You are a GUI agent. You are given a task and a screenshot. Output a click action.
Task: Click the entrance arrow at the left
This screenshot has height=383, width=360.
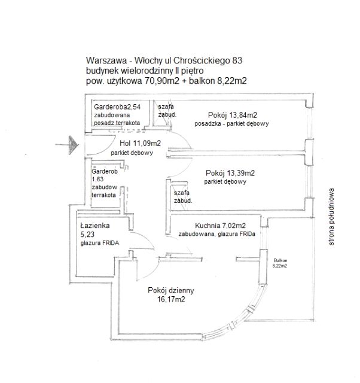[x=69, y=144]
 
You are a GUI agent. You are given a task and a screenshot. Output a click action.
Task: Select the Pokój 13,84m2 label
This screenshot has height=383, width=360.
[x=233, y=114]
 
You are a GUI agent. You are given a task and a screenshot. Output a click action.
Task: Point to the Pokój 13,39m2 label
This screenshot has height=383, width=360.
[x=230, y=173]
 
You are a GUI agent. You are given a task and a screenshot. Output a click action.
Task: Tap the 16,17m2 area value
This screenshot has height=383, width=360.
[x=170, y=300]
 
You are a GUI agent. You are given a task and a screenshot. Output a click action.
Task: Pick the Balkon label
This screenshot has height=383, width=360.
[x=281, y=260]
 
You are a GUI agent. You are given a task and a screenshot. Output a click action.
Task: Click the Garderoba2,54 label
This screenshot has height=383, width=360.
[x=117, y=107]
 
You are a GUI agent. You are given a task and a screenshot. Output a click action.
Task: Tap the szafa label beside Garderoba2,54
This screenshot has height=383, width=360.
[x=166, y=107]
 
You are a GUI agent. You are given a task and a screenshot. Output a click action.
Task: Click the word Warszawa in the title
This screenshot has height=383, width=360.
[x=104, y=61]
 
